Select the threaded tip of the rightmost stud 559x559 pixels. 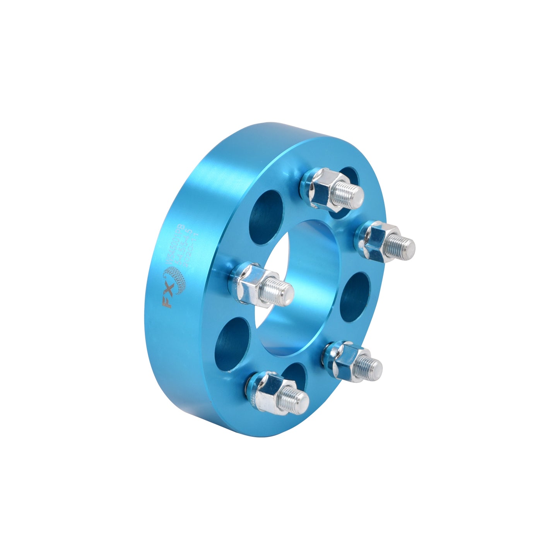point(404,244)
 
